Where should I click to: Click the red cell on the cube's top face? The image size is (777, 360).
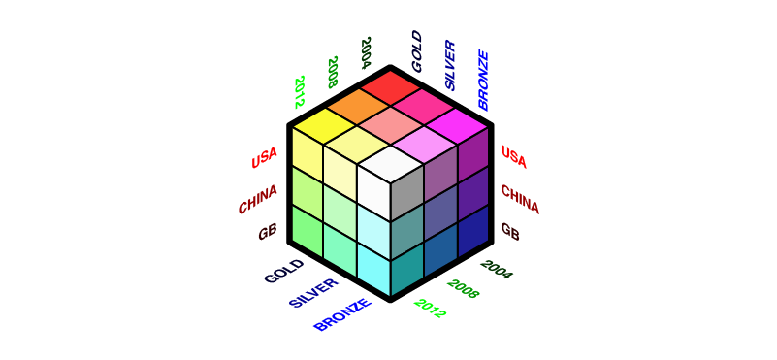pos(391,89)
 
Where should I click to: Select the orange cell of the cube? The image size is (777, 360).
pos(357,107)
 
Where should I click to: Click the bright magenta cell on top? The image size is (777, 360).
pos(457,125)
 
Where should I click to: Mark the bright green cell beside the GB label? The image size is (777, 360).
pos(306,232)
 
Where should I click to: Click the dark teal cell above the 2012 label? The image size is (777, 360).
pos(405,275)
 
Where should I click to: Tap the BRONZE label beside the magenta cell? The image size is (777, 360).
pos(484,80)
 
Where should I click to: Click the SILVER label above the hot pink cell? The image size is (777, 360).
pos(450,66)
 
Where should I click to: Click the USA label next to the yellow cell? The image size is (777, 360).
pos(264,157)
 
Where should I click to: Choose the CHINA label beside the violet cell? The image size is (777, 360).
pos(520,199)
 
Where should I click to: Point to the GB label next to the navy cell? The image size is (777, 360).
pos(510,232)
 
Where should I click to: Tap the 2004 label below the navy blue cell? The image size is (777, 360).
pos(496,269)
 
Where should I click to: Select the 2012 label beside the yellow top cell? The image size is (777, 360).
pos(300,91)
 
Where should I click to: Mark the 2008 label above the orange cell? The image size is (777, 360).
pos(332,72)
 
